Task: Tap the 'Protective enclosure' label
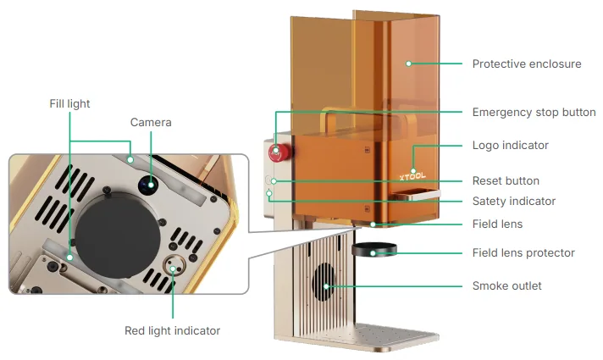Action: [527, 64]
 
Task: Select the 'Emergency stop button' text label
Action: [534, 113]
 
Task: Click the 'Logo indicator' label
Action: [511, 146]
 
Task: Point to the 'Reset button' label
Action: [506, 180]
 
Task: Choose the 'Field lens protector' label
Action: [523, 252]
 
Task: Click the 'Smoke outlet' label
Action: [506, 285]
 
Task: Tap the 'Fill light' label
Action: [69, 104]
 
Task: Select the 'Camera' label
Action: [151, 122]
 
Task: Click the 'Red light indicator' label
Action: [172, 330]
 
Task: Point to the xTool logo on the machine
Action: [412, 176]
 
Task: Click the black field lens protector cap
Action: [374, 249]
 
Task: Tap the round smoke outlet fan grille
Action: [324, 282]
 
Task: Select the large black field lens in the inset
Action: [117, 235]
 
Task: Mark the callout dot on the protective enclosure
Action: [408, 64]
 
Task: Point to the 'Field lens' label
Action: [497, 224]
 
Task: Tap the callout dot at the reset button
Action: [274, 180]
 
